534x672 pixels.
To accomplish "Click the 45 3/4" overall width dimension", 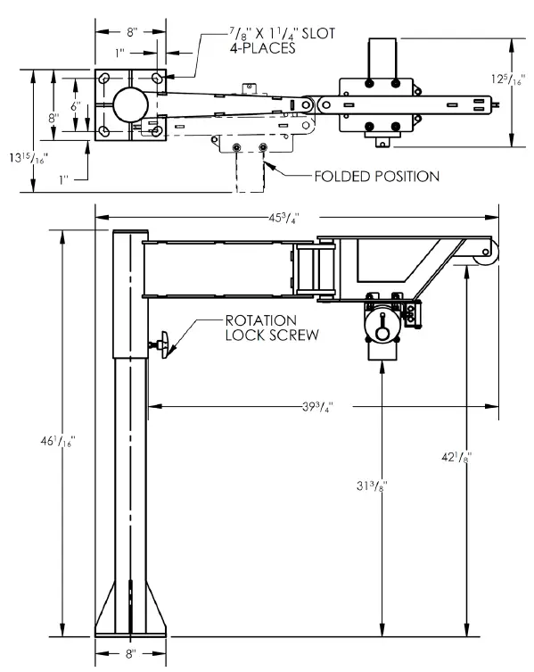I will (x=300, y=217).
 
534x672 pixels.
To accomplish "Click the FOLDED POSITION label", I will (x=375, y=177).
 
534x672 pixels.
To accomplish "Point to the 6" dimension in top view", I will (x=77, y=105).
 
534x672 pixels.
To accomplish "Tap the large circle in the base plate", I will (x=130, y=104).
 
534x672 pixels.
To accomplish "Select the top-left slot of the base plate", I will (x=106, y=78).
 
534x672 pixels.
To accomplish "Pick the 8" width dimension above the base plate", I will (x=131, y=31).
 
